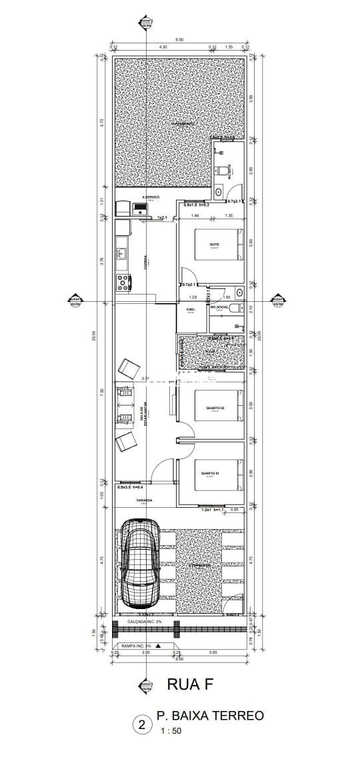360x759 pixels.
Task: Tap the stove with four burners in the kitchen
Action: tap(123, 282)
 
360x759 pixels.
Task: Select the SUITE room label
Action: tap(215, 245)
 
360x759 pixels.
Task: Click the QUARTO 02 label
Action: tap(215, 408)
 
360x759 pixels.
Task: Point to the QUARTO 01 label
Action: tap(211, 474)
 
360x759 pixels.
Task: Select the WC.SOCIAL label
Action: tap(220, 308)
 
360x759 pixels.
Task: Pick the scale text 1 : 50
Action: tap(170, 731)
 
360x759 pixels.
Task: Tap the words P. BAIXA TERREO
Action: tap(210, 716)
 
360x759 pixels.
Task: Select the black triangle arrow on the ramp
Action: tap(158, 646)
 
